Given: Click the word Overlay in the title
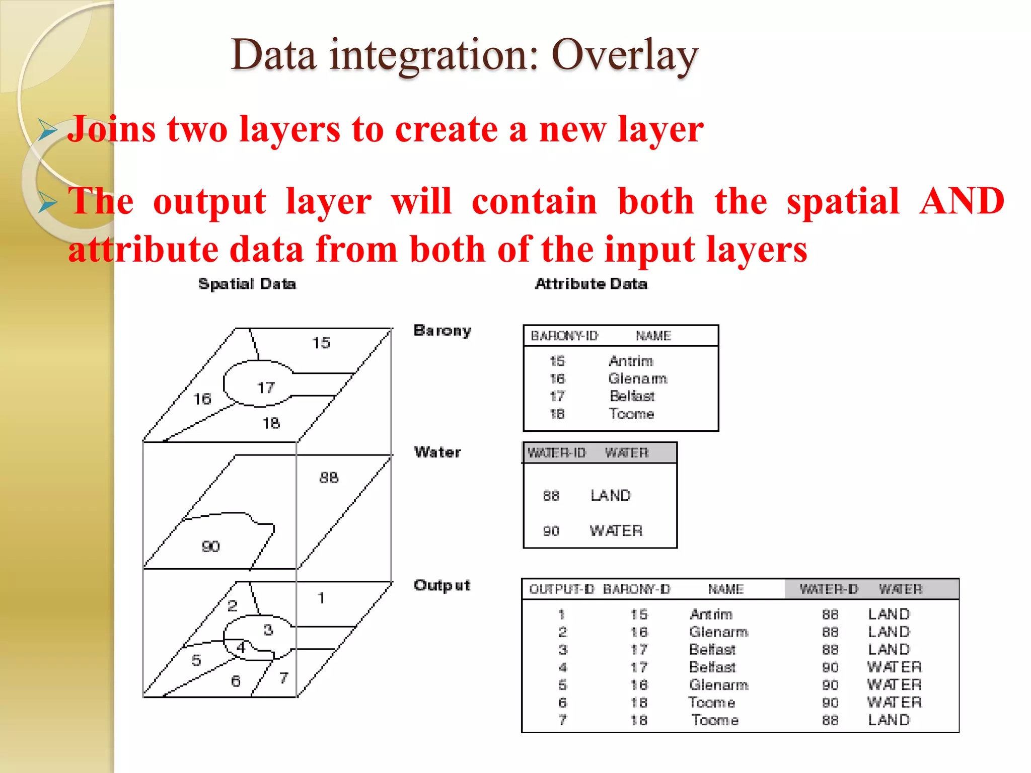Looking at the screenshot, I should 624,55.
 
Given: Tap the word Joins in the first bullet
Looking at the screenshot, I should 111,130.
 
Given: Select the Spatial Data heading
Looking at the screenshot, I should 247,284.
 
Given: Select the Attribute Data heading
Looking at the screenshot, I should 591,284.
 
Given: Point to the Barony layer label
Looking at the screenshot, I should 442,331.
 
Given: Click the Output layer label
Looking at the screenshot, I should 441,585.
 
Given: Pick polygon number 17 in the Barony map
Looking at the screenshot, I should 266,388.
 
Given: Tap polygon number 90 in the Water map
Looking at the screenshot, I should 210,547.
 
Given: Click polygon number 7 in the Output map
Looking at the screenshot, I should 284,678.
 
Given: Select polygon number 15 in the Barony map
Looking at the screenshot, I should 321,343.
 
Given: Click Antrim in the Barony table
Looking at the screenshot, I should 631,361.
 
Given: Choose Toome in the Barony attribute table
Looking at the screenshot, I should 631,414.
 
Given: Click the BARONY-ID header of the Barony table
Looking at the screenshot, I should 564,336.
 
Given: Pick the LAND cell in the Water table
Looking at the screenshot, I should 610,496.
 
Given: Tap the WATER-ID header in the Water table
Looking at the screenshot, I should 556,453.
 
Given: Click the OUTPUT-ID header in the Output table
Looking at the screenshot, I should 561,589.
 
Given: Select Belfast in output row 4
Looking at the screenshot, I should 712,667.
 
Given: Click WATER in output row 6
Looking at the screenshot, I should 894,703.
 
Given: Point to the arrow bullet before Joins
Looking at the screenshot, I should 48,130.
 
